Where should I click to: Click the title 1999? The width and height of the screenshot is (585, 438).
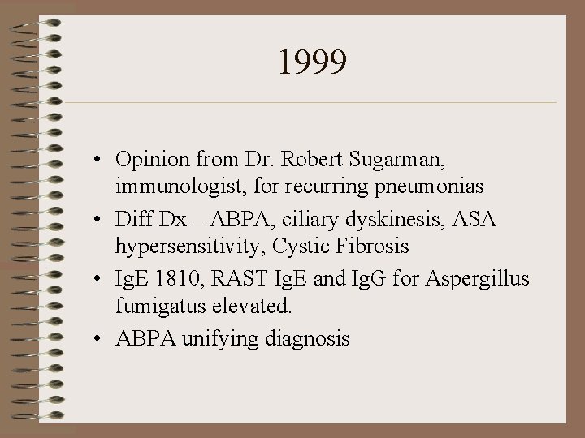pos(312,62)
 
